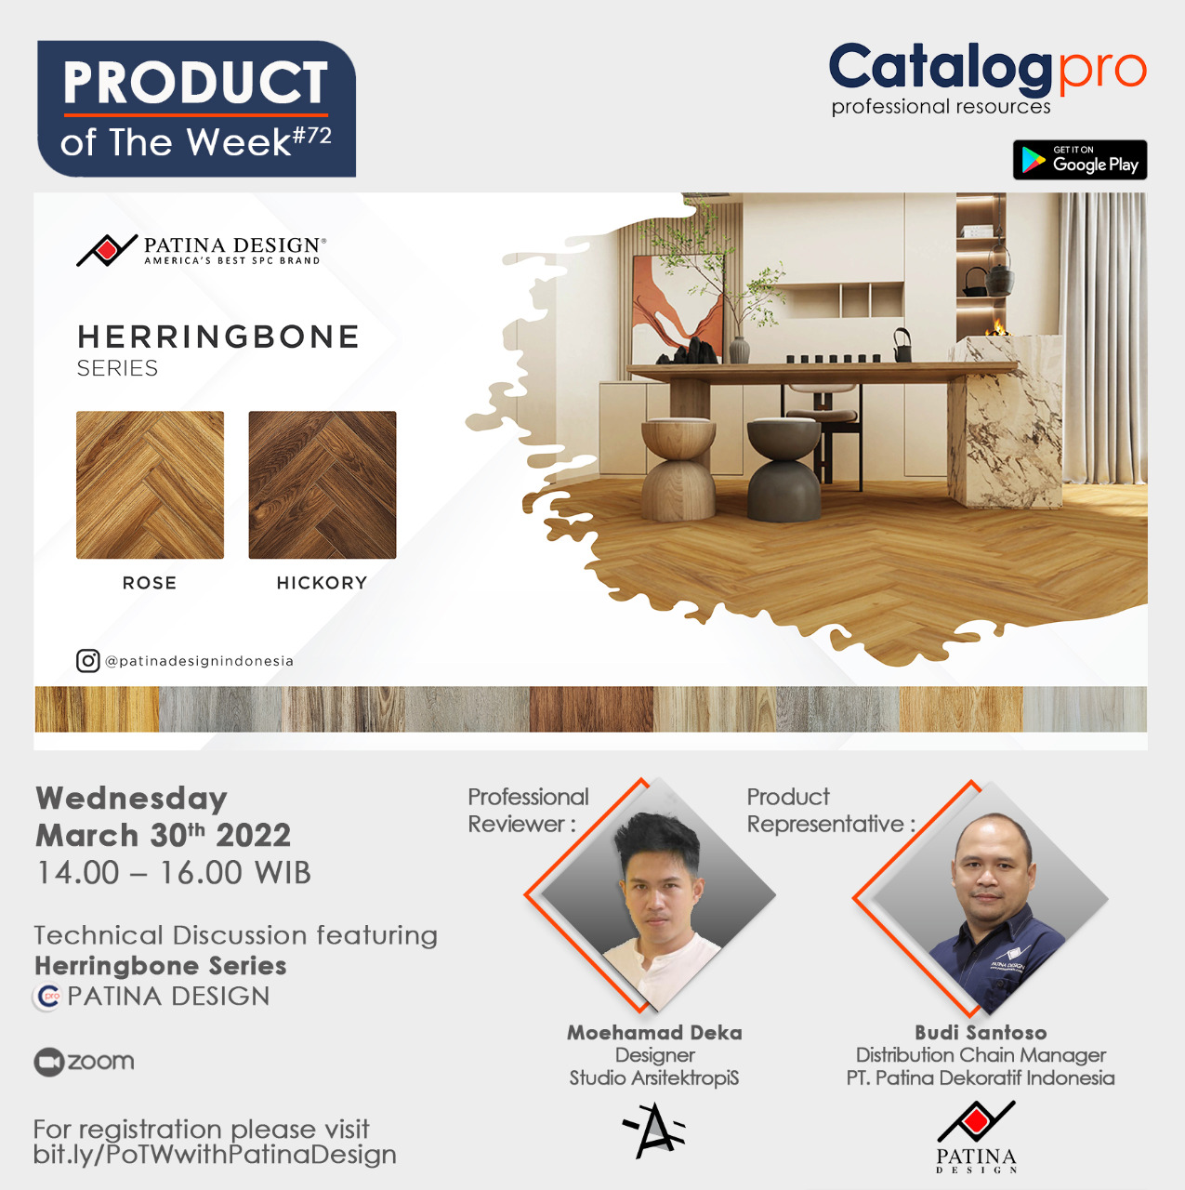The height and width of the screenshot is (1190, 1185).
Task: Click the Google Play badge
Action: (x=1079, y=160)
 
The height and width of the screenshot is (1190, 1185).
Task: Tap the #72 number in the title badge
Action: (x=312, y=136)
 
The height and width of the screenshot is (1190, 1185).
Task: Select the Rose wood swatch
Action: (x=150, y=484)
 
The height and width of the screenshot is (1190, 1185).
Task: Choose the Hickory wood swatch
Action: (x=323, y=484)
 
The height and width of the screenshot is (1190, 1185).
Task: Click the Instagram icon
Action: (x=87, y=661)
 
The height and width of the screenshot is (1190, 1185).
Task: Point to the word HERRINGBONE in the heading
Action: (x=218, y=337)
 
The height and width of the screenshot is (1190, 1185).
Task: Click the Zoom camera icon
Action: (x=48, y=1063)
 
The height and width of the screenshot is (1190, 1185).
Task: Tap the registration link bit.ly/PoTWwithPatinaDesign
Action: (x=215, y=1154)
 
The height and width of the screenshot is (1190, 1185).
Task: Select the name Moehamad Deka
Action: (x=654, y=1033)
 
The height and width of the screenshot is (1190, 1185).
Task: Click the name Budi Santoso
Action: (x=981, y=1033)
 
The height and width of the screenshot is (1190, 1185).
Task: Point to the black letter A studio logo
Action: (x=654, y=1130)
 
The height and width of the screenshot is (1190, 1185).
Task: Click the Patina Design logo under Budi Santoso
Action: (x=976, y=1137)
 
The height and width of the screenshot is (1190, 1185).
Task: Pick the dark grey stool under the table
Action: (x=783, y=469)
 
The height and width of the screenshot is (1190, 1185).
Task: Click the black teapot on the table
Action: (x=902, y=345)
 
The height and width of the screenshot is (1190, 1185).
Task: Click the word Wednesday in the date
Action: (x=132, y=800)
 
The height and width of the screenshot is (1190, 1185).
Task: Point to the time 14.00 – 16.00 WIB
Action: (x=174, y=873)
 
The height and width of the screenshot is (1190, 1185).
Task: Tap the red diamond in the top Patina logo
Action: (x=107, y=249)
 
